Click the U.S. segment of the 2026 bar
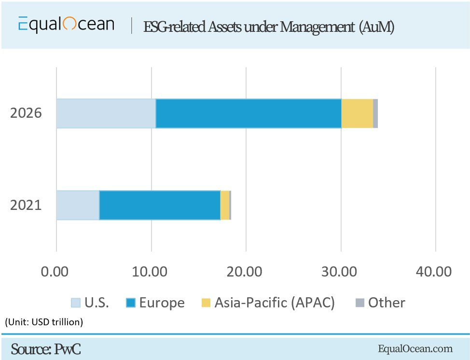click(106, 113)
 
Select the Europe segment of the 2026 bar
click(249, 113)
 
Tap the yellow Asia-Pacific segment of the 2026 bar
click(357, 113)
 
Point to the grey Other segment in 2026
click(375, 113)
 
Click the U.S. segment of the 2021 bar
click(78, 205)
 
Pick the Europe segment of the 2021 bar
click(160, 205)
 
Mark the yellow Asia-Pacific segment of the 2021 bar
click(225, 205)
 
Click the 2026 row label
click(26, 113)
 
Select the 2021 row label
click(26, 205)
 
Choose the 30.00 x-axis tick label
click(341, 271)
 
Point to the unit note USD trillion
click(44, 322)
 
